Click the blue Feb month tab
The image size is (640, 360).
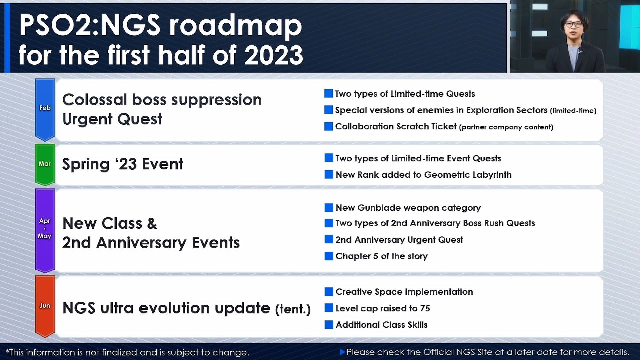click(45, 108)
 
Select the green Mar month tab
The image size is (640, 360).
click(45, 164)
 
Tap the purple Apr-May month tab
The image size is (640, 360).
click(45, 229)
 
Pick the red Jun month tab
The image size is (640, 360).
click(45, 305)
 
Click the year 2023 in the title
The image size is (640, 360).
click(273, 55)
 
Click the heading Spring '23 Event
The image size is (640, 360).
click(123, 164)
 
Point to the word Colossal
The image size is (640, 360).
click(95, 100)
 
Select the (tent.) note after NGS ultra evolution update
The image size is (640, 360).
click(293, 309)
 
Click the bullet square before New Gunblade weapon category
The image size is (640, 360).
click(329, 208)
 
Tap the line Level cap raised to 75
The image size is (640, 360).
click(382, 308)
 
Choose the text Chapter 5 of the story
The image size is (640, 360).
click(381, 256)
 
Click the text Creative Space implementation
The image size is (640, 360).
click(404, 292)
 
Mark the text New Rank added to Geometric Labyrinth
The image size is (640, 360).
click(423, 175)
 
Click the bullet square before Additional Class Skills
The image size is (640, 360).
click(329, 325)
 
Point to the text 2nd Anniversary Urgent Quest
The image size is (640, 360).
click(399, 240)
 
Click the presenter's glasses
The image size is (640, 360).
click(573, 24)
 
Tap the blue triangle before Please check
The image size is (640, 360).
click(342, 352)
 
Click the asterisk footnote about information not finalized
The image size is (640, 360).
click(127, 352)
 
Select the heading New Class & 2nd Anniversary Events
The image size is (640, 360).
click(151, 233)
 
